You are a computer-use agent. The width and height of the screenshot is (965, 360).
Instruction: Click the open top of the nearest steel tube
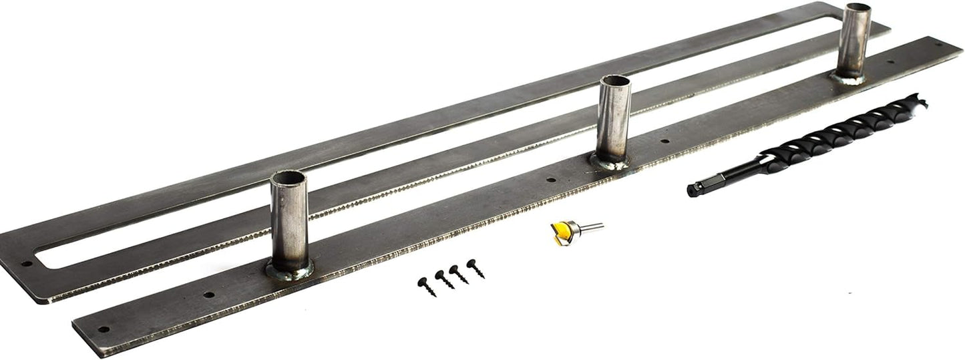[x=287, y=179]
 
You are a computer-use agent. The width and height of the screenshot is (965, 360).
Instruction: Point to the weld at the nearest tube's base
[x=290, y=271]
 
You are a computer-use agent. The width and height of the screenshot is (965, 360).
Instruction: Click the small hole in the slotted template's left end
[x=27, y=263]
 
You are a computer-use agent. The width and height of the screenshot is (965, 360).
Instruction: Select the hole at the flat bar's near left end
[x=103, y=329]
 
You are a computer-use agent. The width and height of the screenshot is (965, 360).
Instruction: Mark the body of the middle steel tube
[x=614, y=120]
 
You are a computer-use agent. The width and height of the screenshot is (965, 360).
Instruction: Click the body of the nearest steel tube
[x=288, y=224]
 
